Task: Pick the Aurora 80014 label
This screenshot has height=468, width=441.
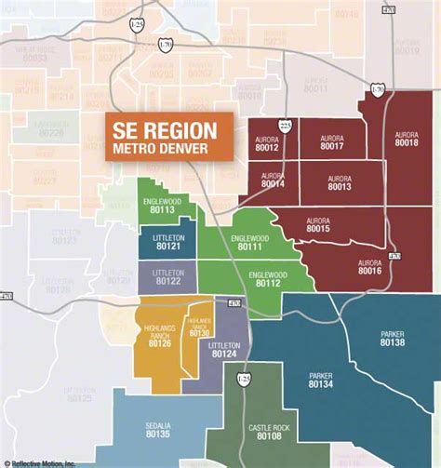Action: (273, 181)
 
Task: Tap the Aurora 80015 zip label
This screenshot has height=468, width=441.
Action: (318, 224)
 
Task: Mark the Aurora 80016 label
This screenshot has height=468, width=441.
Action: (369, 266)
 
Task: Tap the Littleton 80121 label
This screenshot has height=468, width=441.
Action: (168, 243)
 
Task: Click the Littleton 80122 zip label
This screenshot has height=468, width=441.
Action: (168, 276)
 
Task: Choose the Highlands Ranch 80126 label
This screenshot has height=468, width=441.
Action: (159, 335)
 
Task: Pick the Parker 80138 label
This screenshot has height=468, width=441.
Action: (393, 338)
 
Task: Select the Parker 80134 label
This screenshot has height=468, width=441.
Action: (320, 380)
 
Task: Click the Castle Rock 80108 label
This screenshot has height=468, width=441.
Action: (266, 431)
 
